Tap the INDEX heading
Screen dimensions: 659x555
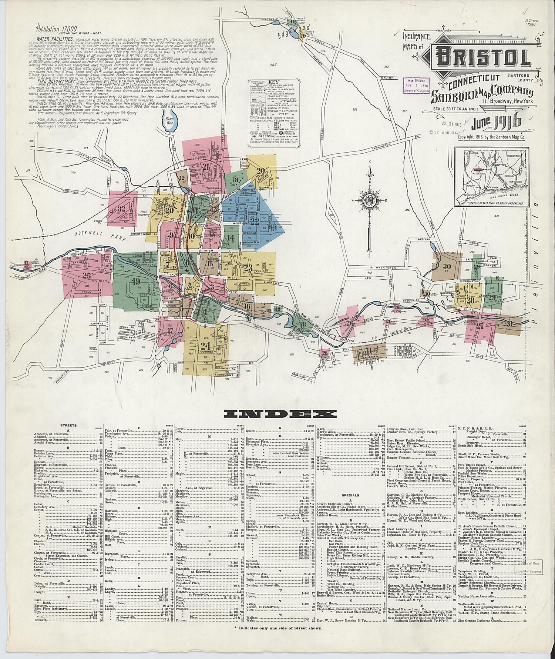click(277, 413)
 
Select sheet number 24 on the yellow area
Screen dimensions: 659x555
click(205, 346)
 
